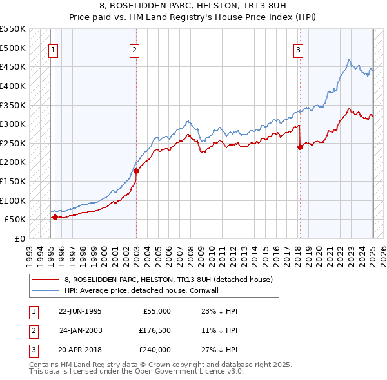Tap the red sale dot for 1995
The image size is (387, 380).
coord(55,218)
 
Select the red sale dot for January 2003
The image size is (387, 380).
coord(137,171)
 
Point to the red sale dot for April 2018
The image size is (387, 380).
coord(300,147)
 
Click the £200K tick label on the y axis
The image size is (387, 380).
coord(13,162)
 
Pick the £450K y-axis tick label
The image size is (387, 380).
coord(13,67)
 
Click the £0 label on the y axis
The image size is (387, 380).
coord(20,238)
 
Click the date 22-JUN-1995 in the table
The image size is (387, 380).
coord(80,311)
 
